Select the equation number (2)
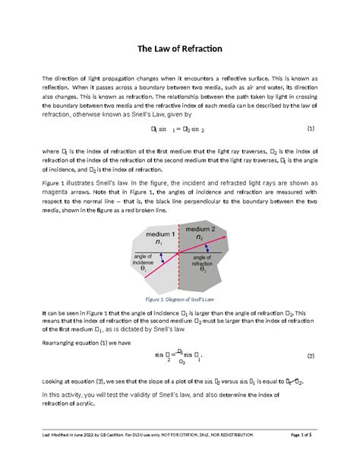click(312, 356)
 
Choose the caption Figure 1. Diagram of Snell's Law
click(180, 300)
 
